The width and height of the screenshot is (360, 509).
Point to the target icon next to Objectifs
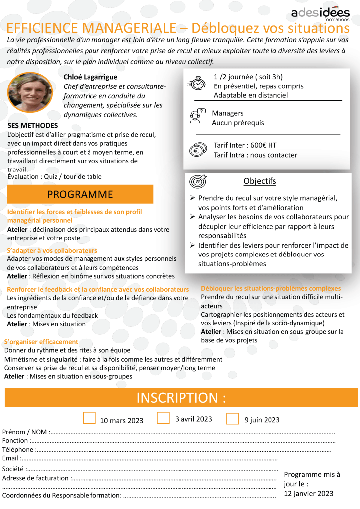198,181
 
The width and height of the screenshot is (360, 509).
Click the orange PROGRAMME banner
80,194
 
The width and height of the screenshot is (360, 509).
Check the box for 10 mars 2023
89,418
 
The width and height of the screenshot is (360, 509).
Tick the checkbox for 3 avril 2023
163,418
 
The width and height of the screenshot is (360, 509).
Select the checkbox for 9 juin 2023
232,419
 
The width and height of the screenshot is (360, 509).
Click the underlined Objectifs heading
260,181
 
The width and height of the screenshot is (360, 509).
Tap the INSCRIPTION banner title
181,398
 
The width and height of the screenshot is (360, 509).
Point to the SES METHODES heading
33,126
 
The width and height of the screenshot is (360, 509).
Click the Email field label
10,458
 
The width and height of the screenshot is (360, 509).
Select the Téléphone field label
18,449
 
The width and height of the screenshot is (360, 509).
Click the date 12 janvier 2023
309,493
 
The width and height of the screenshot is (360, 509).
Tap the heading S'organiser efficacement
41,341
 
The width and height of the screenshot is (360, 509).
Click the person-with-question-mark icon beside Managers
197,117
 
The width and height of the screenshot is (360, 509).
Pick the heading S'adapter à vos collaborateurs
52,250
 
